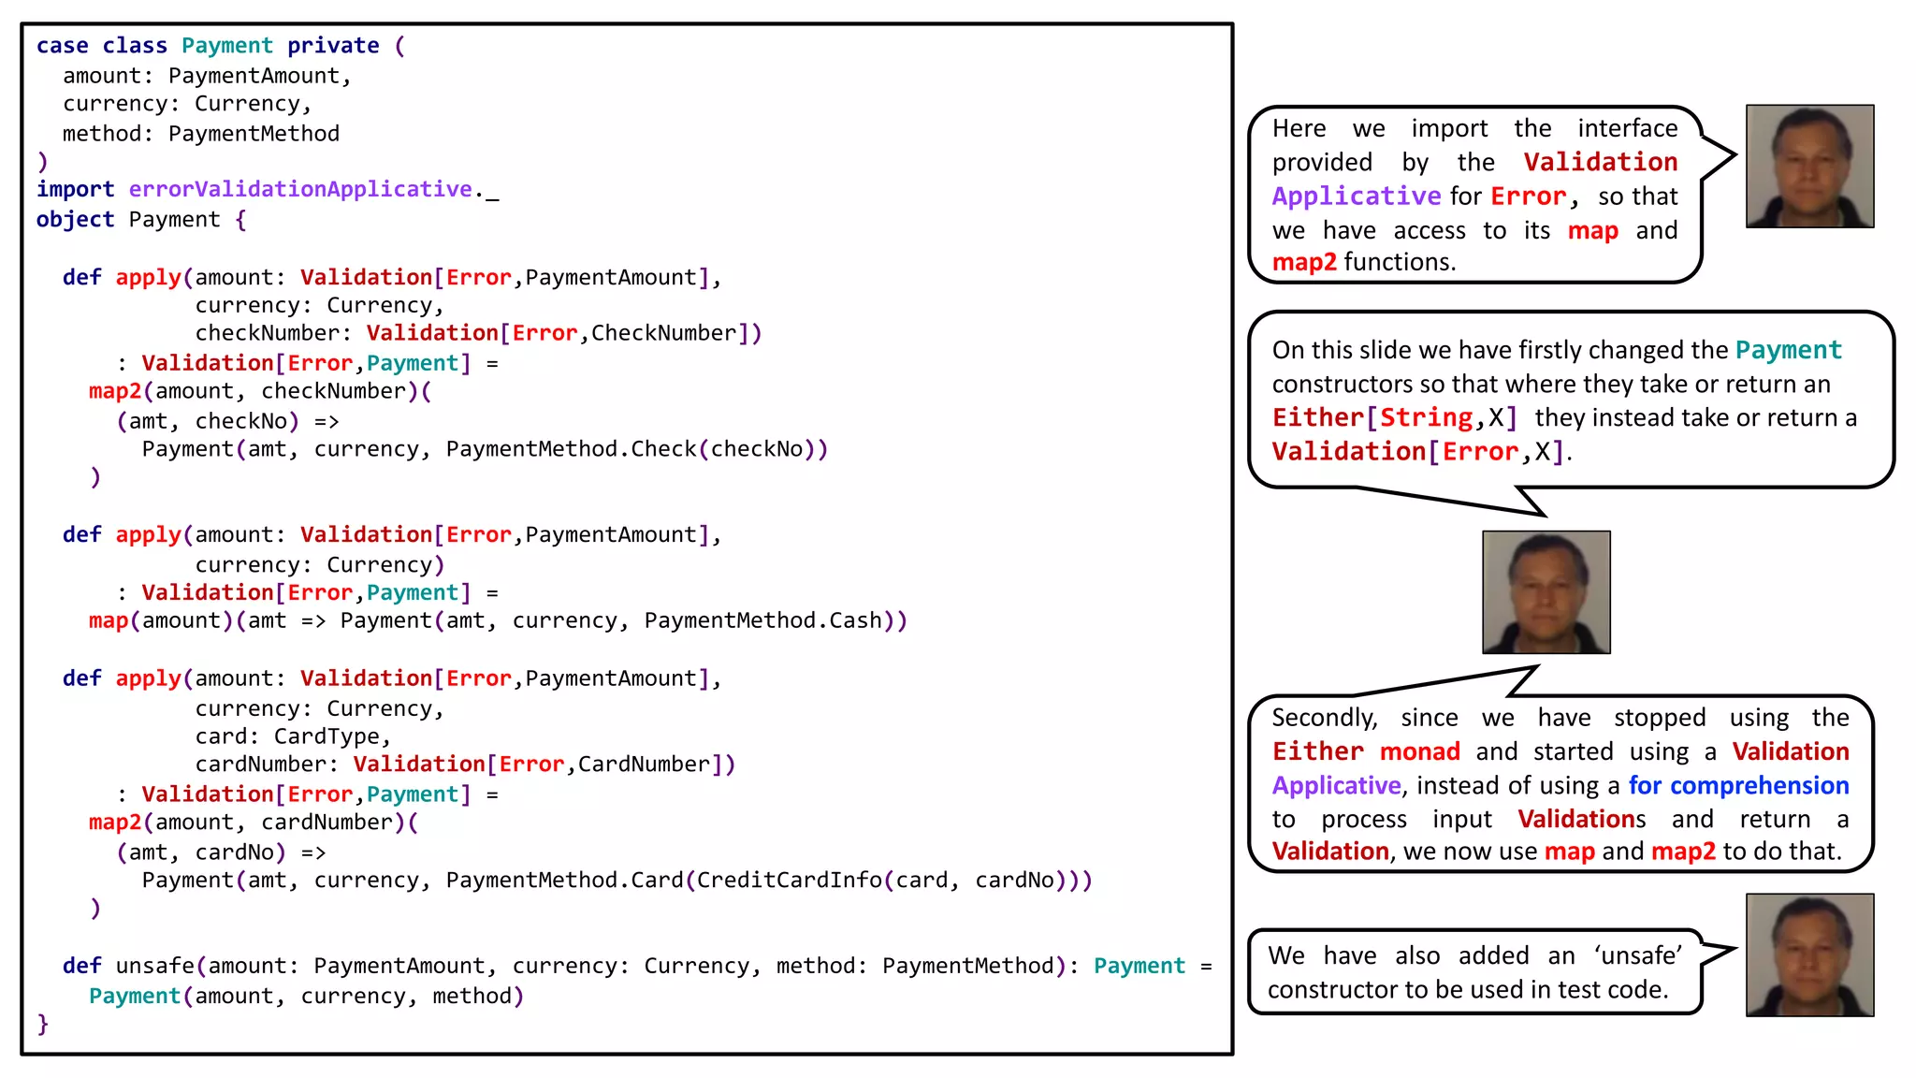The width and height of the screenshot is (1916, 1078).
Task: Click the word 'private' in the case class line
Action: click(x=333, y=46)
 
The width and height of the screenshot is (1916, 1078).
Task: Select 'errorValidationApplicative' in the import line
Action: click(x=299, y=189)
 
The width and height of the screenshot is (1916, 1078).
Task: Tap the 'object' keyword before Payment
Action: click(x=75, y=219)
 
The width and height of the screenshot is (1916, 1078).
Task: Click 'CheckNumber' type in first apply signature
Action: click(x=663, y=333)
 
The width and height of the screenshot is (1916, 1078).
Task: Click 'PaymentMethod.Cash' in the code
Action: click(x=762, y=620)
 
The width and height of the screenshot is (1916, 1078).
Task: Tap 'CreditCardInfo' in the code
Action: click(x=789, y=881)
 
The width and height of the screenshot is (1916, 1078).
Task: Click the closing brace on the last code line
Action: click(x=42, y=1024)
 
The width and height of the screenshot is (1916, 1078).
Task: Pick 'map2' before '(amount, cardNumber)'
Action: click(x=114, y=823)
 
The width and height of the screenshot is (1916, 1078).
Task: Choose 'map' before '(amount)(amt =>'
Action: click(x=108, y=620)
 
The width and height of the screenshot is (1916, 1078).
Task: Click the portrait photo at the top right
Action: click(x=1809, y=167)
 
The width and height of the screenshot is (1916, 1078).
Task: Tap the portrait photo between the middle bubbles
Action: click(x=1546, y=592)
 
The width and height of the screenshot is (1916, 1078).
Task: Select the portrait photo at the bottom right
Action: click(x=1809, y=954)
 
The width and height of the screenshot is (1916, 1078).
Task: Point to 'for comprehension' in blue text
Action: click(x=1738, y=785)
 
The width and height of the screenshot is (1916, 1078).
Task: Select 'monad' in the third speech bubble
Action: click(x=1419, y=751)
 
